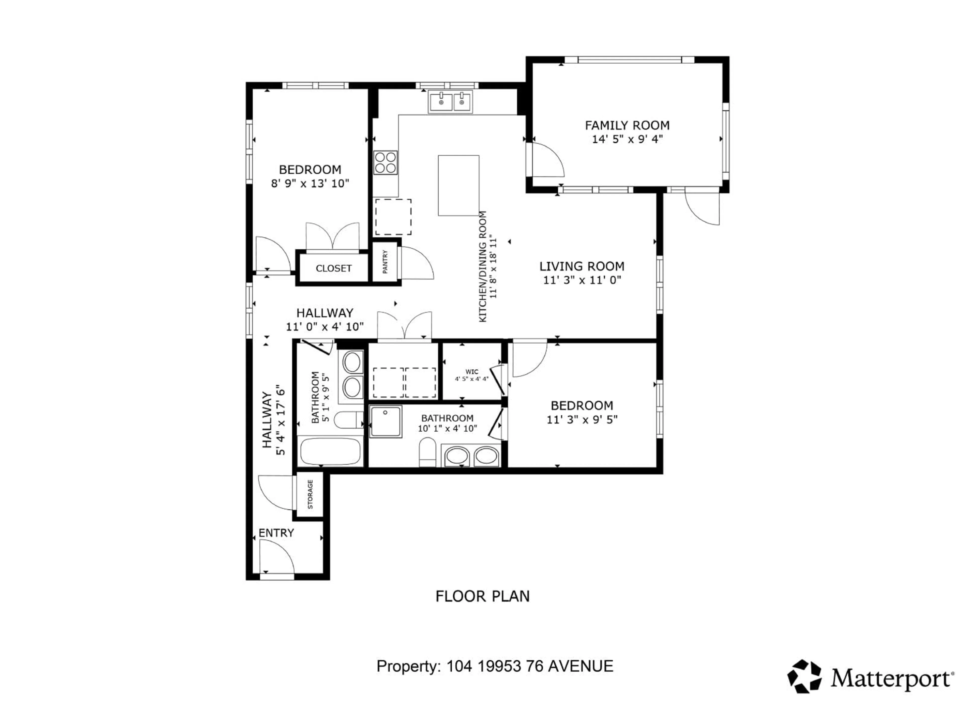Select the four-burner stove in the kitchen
click(385, 162)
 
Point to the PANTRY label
click(385, 262)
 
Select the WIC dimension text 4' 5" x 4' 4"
click(472, 379)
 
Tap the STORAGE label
click(310, 494)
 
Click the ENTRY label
click(276, 533)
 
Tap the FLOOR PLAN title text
click(482, 596)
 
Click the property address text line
click(495, 666)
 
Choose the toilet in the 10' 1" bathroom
click(427, 452)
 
